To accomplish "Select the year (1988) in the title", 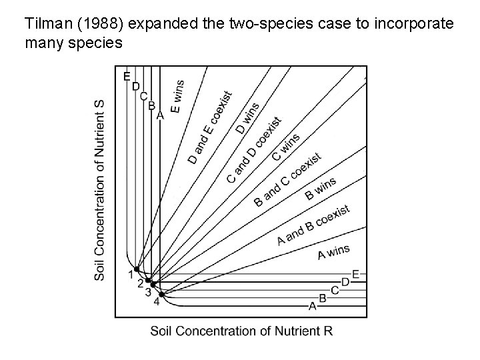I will click(x=100, y=25).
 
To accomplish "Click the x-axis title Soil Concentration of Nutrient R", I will click(x=241, y=331).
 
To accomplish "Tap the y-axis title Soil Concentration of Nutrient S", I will click(x=100, y=191).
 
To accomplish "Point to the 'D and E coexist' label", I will click(x=210, y=128).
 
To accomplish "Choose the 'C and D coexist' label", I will click(x=253, y=149).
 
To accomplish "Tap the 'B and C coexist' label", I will click(x=288, y=179).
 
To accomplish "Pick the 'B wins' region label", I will click(x=320, y=189).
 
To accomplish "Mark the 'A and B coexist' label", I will click(x=313, y=225).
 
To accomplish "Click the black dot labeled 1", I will click(x=136, y=269).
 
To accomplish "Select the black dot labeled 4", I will click(x=160, y=293).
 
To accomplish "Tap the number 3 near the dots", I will click(x=148, y=292).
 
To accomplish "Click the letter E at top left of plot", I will click(x=127, y=77).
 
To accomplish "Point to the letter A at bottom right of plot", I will click(x=312, y=306).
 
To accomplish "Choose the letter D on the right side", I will click(x=345, y=282).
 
